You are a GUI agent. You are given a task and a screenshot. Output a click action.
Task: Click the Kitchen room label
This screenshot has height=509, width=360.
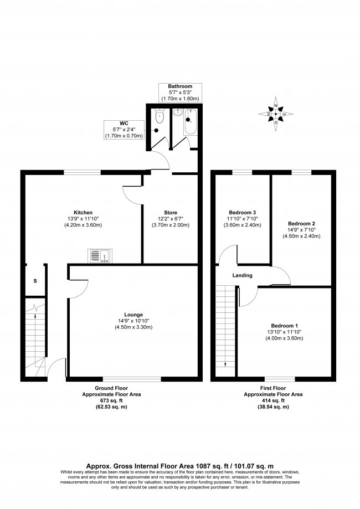point(83,213)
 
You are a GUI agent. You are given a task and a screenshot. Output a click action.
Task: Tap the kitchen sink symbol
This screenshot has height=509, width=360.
point(100,255)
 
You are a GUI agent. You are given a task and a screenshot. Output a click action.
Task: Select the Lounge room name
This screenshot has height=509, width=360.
point(133,315)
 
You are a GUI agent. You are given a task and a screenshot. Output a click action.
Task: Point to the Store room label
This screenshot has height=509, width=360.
point(171,213)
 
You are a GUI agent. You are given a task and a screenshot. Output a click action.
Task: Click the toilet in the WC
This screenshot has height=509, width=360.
point(160,116)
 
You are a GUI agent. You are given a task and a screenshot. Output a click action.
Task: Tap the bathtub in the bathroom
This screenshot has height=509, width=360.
point(189,122)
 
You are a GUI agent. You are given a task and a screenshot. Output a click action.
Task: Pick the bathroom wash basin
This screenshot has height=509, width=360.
point(177,112)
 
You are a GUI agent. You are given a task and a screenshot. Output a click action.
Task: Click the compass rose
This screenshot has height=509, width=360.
point(276,114)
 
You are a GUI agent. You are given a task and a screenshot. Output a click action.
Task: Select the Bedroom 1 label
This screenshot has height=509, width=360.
point(284,326)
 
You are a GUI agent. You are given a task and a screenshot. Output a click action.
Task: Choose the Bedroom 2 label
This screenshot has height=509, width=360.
point(301,224)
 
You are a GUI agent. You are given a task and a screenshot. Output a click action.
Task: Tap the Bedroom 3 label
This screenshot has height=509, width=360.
point(242,213)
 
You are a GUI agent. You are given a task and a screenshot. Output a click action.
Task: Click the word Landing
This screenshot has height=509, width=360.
point(242,275)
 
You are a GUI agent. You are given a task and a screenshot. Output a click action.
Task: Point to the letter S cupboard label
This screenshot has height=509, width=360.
point(35,281)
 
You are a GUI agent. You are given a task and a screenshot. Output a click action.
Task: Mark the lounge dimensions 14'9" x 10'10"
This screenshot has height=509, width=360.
point(133,321)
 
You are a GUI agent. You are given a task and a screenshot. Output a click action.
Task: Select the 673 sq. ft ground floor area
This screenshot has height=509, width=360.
point(111,400)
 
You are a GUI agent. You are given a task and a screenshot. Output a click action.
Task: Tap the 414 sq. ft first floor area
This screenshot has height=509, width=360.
point(273,400)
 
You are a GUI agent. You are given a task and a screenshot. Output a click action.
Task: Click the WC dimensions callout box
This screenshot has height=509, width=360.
point(124,130)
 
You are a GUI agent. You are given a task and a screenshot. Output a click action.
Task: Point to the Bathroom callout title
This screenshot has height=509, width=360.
point(180,86)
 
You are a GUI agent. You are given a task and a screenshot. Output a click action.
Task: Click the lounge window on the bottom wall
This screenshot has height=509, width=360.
point(132,379)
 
